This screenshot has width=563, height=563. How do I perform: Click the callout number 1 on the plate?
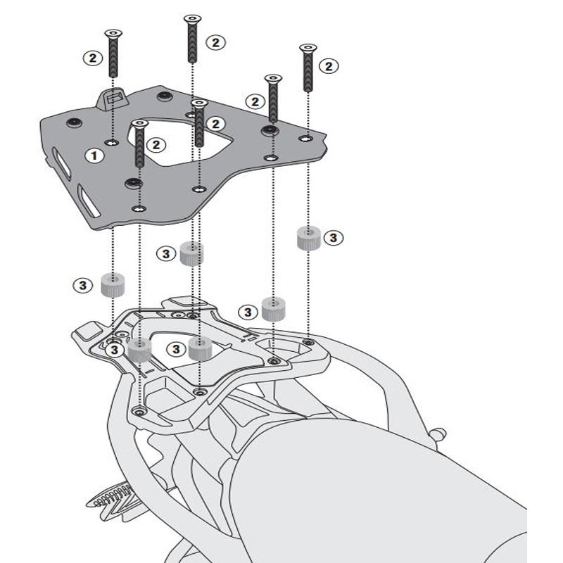point(91,155)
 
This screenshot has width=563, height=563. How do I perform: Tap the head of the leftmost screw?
point(113,34)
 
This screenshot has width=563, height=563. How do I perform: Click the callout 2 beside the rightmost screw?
point(329,66)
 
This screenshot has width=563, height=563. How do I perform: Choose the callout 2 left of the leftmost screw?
point(92,58)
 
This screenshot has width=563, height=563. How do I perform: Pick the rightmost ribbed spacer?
point(306,237)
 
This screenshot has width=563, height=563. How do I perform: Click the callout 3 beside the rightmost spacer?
point(333,238)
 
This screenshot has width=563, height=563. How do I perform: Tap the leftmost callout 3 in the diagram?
point(82,285)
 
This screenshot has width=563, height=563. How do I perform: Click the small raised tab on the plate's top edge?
point(112,99)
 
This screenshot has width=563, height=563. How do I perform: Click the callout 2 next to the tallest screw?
point(215,42)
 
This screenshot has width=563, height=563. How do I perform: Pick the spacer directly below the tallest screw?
point(191,253)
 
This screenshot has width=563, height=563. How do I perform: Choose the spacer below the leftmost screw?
point(113,285)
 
